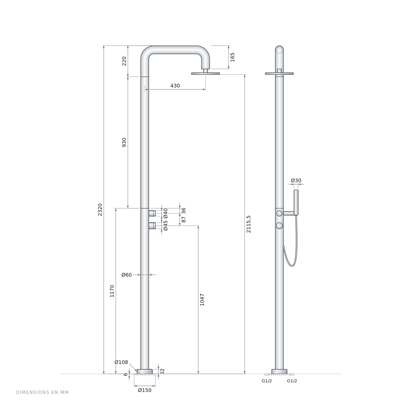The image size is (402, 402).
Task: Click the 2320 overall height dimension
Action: click(100, 209)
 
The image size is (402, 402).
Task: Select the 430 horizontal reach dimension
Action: click(175, 86)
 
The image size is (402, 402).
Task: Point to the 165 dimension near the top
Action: click(232, 57)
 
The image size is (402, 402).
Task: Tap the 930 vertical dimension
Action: click(124, 142)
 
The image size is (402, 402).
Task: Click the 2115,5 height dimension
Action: click(248, 224)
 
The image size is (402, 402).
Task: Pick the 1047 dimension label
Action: click(202, 300)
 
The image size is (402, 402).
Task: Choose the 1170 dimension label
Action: click(112, 291)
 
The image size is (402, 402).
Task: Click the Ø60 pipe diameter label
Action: click(126, 275)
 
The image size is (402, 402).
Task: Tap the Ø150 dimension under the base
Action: click(145, 390)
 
